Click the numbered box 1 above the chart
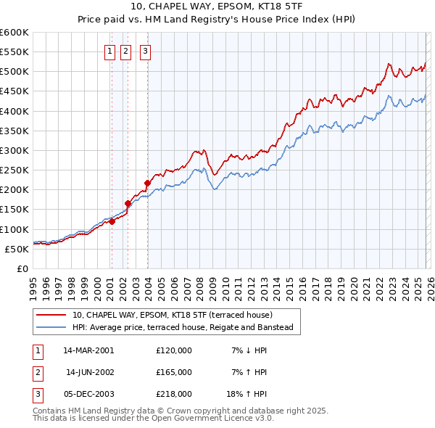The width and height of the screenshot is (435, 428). pos(109,51)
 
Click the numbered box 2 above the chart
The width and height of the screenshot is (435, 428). pos(126,51)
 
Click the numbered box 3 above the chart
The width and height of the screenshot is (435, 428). pos(145,51)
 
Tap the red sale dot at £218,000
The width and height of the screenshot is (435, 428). pos(147,183)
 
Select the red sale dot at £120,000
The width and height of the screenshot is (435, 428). pos(112,221)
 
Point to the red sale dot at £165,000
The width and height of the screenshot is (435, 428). pos(128,204)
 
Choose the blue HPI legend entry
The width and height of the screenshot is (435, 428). pos(182,328)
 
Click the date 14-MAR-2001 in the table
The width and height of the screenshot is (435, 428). pos(88,350)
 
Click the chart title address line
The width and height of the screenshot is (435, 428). pos(217,8)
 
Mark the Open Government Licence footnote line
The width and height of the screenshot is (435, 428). pos(153,419)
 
